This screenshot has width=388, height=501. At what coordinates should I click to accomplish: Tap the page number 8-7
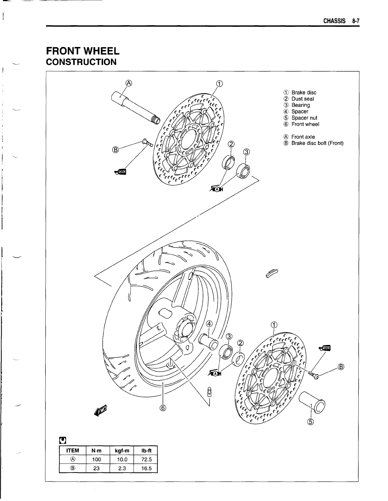[x=356, y=21]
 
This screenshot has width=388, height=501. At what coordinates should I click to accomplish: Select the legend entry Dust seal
[x=303, y=99]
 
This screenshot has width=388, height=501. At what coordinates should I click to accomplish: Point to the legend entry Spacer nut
[x=304, y=118]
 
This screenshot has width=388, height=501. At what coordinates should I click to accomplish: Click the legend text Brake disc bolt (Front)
[x=317, y=143]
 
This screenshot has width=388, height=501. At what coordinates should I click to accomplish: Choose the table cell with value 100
[x=96, y=459]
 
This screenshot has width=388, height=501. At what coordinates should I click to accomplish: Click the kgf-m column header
[x=121, y=451]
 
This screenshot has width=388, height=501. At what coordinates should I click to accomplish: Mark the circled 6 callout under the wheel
[x=163, y=408]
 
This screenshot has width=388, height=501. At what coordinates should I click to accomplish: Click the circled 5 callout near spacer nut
[x=311, y=422]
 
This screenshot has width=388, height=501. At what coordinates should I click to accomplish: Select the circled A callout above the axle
[x=128, y=83]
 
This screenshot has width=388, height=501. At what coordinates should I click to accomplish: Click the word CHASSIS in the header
[x=334, y=21]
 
